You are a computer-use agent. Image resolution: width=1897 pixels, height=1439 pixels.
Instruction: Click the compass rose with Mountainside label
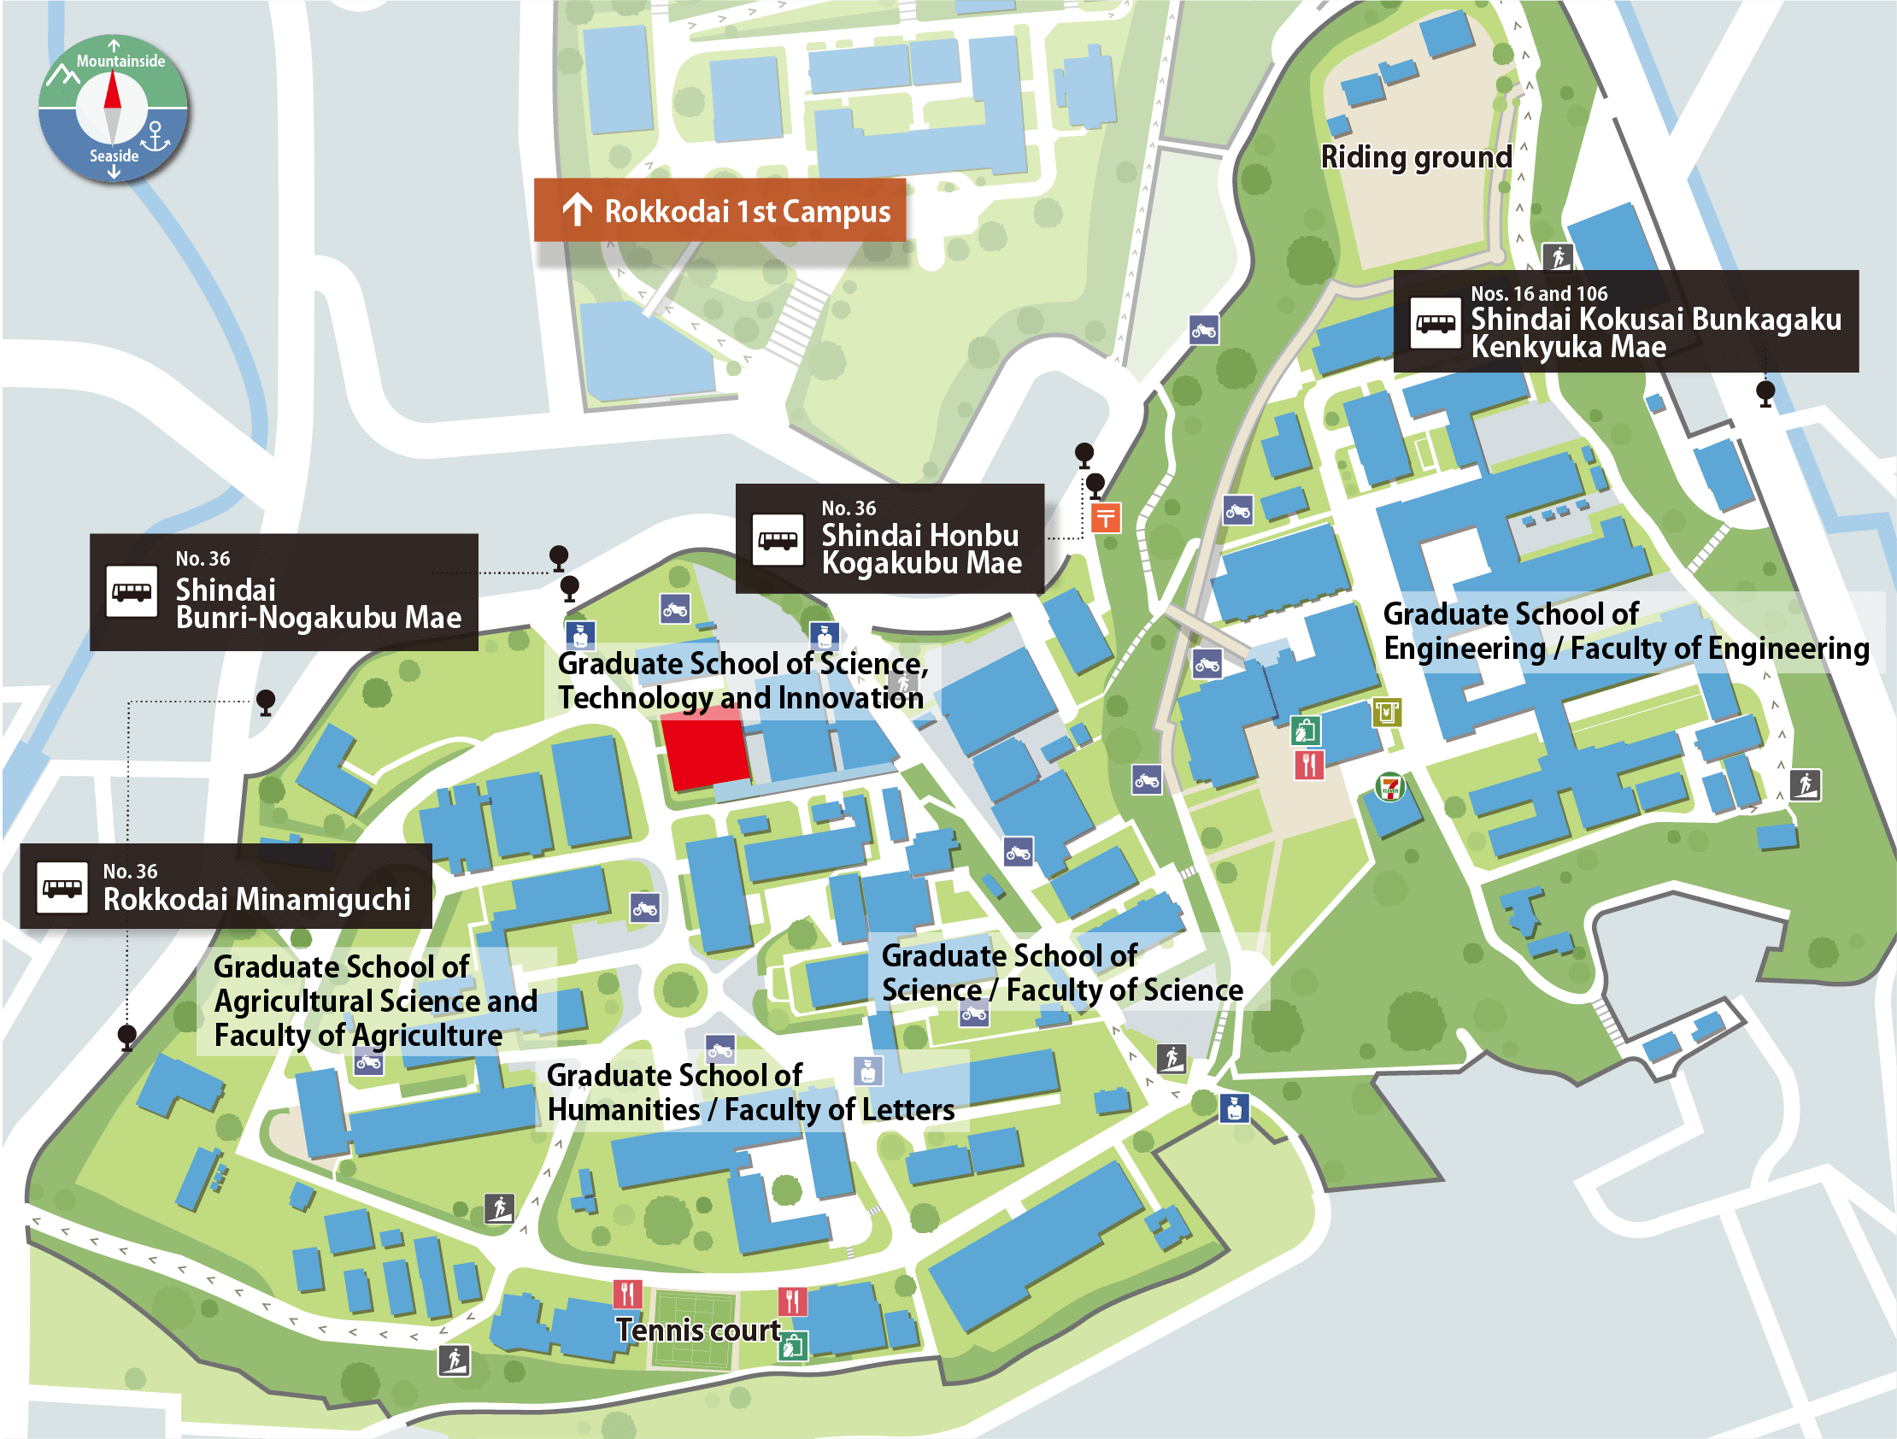click(113, 108)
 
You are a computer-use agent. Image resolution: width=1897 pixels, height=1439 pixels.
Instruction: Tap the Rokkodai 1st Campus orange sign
click(719, 210)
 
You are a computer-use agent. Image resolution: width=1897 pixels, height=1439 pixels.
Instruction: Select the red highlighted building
click(705, 752)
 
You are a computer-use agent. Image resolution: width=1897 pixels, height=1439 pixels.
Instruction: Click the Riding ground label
click(1416, 157)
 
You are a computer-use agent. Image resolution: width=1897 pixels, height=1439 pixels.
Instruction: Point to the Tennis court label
click(698, 1330)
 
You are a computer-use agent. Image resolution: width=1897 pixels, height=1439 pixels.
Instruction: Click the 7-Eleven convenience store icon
click(1389, 786)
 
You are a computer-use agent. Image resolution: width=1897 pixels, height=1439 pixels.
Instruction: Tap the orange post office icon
click(1106, 518)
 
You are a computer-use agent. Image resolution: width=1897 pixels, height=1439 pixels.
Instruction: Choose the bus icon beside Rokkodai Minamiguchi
click(62, 888)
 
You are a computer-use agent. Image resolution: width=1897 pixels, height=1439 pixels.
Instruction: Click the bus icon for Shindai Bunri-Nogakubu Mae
click(132, 591)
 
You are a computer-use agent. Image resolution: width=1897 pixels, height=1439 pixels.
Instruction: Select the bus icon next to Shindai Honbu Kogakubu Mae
click(777, 540)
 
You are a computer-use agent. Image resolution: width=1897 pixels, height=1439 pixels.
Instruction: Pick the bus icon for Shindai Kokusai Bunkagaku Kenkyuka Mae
click(1435, 323)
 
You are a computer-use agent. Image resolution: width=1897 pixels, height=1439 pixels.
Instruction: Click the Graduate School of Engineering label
click(1625, 631)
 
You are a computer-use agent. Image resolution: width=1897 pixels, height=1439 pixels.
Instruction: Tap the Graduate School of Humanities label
click(750, 1093)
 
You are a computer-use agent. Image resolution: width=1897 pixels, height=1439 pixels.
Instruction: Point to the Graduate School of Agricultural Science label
click(375, 1001)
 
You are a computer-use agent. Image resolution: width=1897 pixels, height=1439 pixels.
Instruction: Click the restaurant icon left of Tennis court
click(628, 1293)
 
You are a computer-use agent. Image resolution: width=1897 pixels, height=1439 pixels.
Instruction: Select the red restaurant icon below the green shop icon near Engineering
click(1309, 764)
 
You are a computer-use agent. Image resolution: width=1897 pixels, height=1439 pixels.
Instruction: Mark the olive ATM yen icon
click(1387, 712)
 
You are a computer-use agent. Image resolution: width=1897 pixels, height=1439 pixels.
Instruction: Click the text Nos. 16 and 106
click(1538, 293)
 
